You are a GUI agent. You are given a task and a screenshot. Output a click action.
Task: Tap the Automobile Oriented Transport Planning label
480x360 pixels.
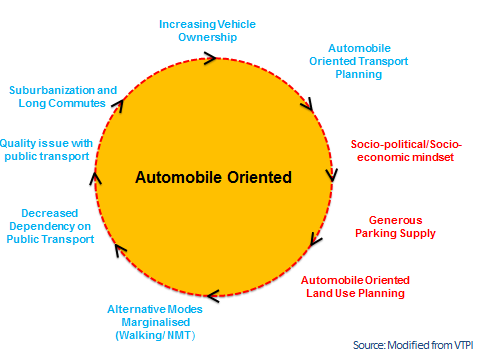366,60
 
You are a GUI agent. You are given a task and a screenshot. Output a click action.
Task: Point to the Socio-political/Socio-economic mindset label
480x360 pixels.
406,151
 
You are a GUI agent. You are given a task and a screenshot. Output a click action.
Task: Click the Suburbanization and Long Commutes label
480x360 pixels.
58,95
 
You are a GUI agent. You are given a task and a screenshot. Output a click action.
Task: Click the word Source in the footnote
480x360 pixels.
370,344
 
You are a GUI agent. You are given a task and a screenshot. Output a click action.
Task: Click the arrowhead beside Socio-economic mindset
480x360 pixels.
330,175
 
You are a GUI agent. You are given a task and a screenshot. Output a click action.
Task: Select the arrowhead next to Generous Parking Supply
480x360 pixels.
314,240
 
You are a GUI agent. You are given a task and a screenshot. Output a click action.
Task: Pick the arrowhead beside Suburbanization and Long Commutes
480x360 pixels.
118,102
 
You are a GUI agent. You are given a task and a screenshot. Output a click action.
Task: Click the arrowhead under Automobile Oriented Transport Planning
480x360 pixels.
306,103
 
